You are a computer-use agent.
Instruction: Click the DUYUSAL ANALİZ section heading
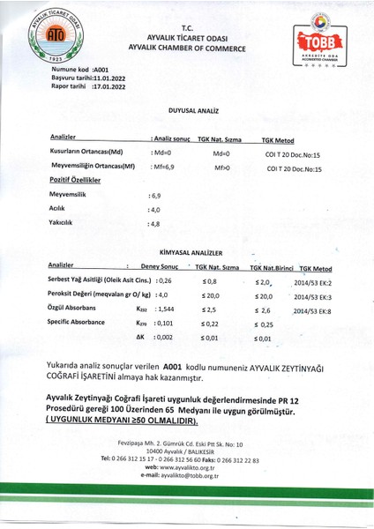pyautogui.click(x=187, y=113)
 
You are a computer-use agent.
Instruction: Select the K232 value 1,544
pyautogui.click(x=164, y=309)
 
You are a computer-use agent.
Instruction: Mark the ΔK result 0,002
pyautogui.click(x=164, y=338)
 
